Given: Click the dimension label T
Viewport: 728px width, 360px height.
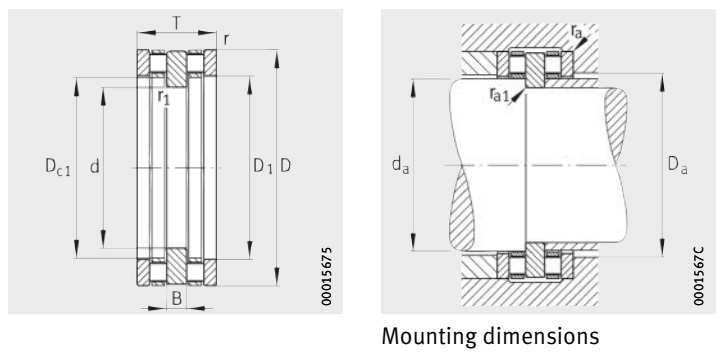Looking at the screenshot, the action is pos(176,23).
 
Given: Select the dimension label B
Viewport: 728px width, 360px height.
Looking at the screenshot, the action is pos(177,300).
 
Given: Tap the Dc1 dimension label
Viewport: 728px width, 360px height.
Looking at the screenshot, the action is pos(58,167).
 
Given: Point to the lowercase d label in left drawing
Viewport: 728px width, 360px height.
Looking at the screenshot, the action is pos(95,166).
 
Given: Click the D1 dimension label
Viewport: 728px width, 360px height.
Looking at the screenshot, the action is pos(263,167).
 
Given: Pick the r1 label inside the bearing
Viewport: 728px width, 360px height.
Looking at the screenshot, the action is pos(164,98).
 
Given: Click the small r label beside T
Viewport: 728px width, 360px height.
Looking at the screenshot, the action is pos(227,40).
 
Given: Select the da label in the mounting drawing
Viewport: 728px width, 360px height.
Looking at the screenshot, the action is pos(400,166).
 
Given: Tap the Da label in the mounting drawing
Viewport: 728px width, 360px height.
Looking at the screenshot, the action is pos(678,166).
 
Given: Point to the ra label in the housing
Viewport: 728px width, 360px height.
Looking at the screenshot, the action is pos(577,32).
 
